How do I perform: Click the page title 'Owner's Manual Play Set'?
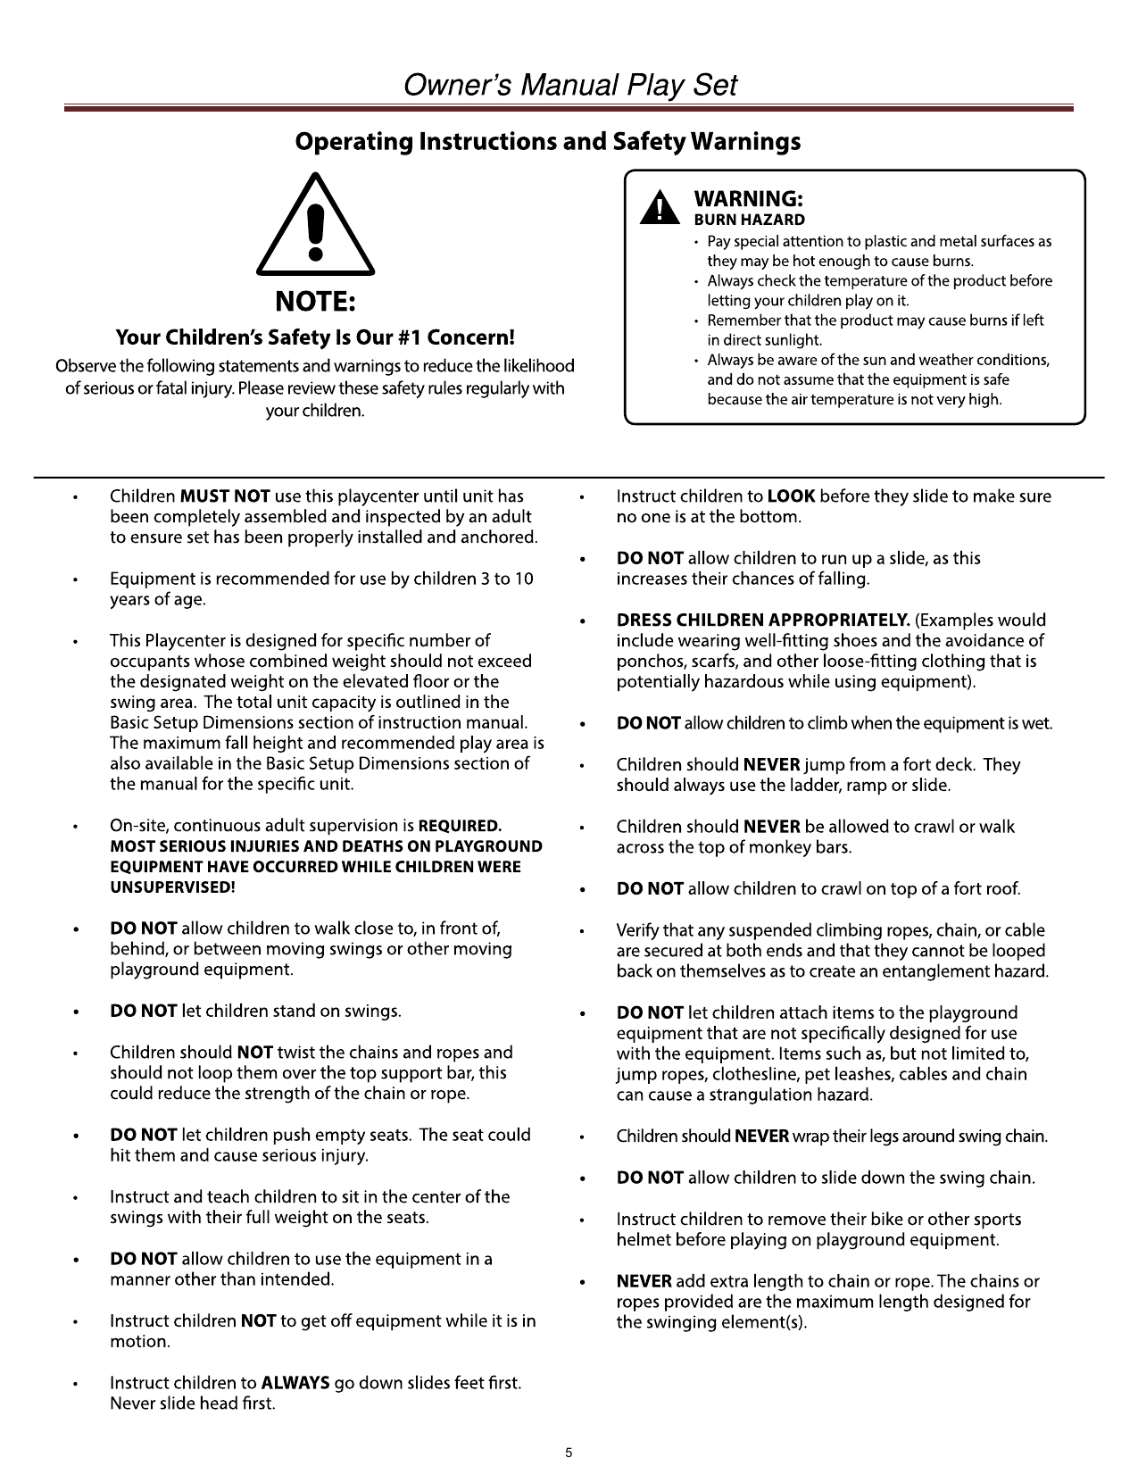click(x=569, y=86)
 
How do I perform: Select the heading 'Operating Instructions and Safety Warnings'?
click(x=547, y=142)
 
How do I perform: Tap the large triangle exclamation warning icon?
click(x=315, y=227)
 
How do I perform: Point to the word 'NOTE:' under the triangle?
click(x=315, y=303)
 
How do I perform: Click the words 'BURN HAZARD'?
click(x=749, y=220)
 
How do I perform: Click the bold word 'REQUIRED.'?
click(x=460, y=826)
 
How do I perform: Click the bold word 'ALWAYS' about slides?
click(x=295, y=1383)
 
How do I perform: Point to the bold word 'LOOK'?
click(x=791, y=496)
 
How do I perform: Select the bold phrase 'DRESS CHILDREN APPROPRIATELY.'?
click(x=763, y=620)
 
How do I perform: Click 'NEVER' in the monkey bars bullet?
click(x=771, y=827)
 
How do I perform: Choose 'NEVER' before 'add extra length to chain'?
click(x=644, y=1281)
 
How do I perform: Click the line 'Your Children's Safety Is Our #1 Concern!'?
click(x=315, y=338)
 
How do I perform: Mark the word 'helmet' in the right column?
click(x=645, y=1240)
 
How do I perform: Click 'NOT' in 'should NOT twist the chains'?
click(x=254, y=1053)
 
